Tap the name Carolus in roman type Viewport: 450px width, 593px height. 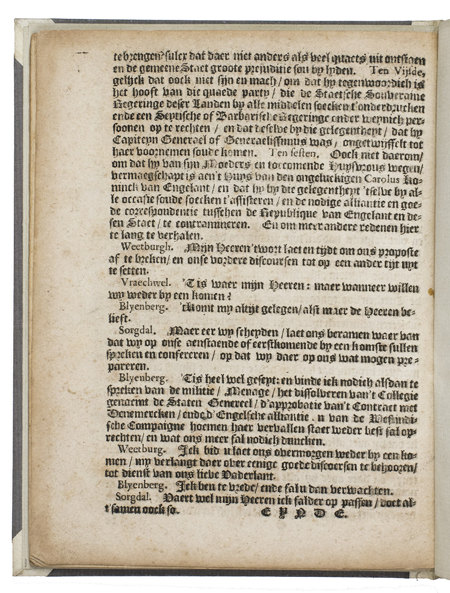(x=381, y=178)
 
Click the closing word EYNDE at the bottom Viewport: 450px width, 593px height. (x=303, y=514)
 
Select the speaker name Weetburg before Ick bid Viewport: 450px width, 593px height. (x=138, y=448)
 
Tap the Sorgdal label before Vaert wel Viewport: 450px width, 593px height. (x=134, y=496)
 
